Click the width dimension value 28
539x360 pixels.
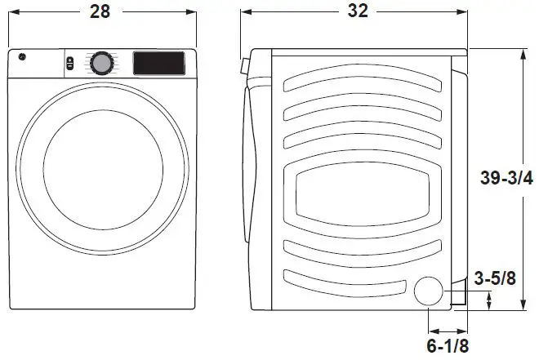click(101, 11)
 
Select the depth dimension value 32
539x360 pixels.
click(357, 11)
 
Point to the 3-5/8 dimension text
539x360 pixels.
click(495, 279)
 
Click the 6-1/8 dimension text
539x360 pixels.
click(448, 345)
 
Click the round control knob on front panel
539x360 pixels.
click(102, 63)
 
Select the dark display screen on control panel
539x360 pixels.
click(158, 63)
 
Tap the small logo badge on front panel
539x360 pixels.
click(22, 58)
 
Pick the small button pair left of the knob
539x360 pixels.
click(69, 63)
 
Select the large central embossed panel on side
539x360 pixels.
click(363, 195)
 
